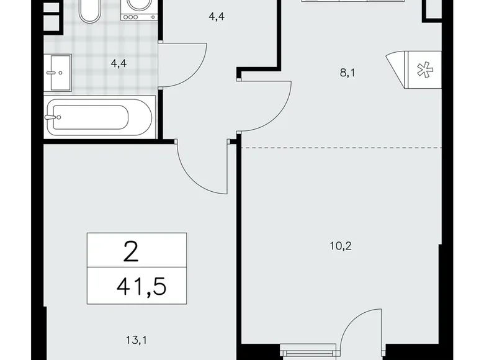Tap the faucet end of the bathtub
53,116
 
